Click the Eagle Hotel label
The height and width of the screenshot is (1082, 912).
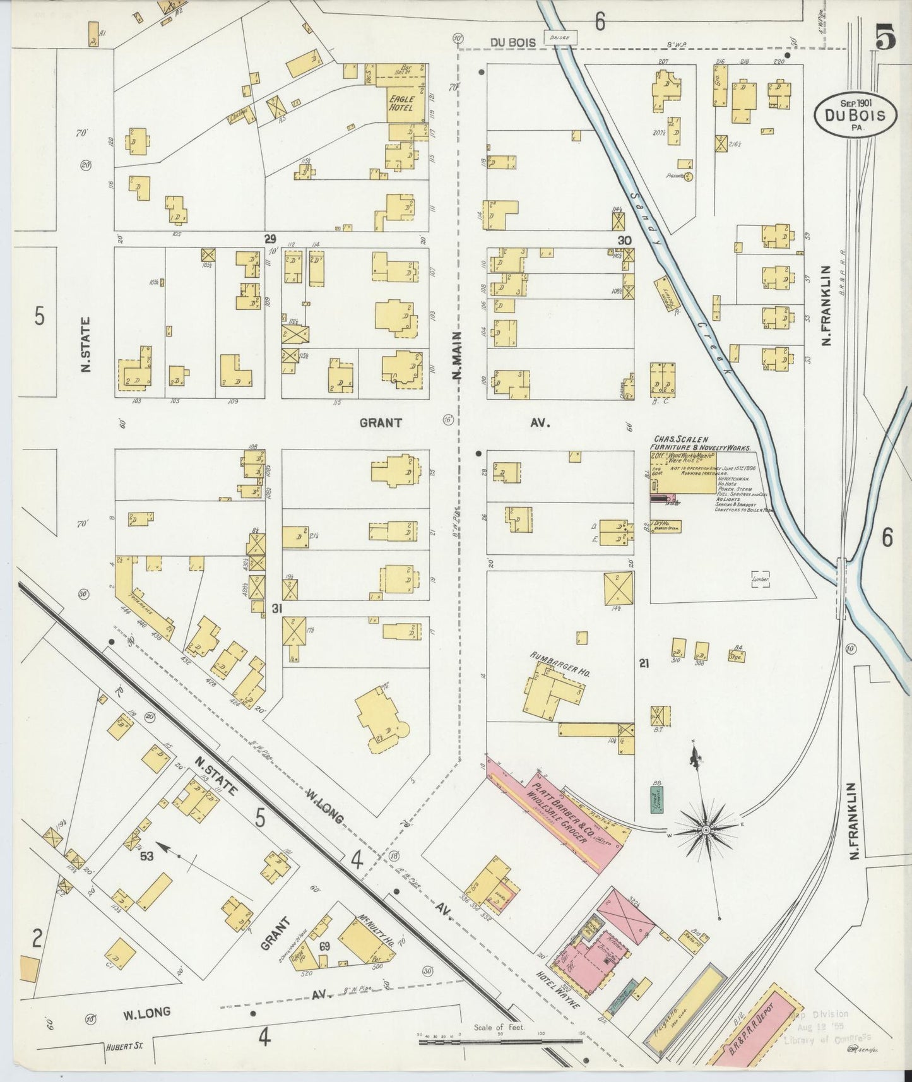[x=401, y=104]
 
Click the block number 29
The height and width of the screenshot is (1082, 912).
[x=270, y=239]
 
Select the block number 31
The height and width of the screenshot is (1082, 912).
[x=276, y=609]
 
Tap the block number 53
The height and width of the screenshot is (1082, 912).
[x=147, y=856]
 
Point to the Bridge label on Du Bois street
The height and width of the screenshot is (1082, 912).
[x=559, y=38]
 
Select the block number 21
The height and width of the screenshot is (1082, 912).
[x=644, y=663]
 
